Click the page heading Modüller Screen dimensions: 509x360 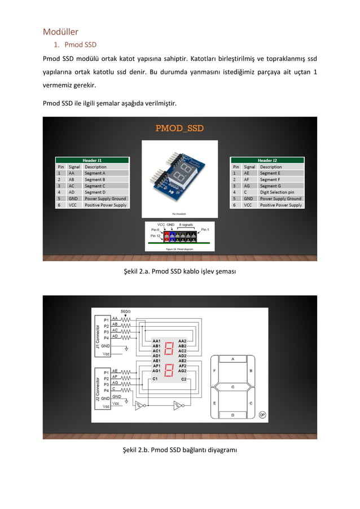tap(60, 32)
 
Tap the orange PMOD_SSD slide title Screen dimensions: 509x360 tap(179, 128)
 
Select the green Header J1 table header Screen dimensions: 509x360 tap(92, 160)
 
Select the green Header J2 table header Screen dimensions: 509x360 tap(267, 160)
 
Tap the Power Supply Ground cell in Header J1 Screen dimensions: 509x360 tap(105, 199)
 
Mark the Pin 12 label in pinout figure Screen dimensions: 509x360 tap(156, 236)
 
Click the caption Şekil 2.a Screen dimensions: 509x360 tap(179, 272)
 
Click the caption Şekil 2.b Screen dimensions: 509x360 tap(179, 450)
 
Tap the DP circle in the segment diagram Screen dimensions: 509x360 tap(262, 415)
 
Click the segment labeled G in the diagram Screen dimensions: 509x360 tap(233, 387)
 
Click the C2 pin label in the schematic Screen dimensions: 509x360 tap(183, 379)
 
